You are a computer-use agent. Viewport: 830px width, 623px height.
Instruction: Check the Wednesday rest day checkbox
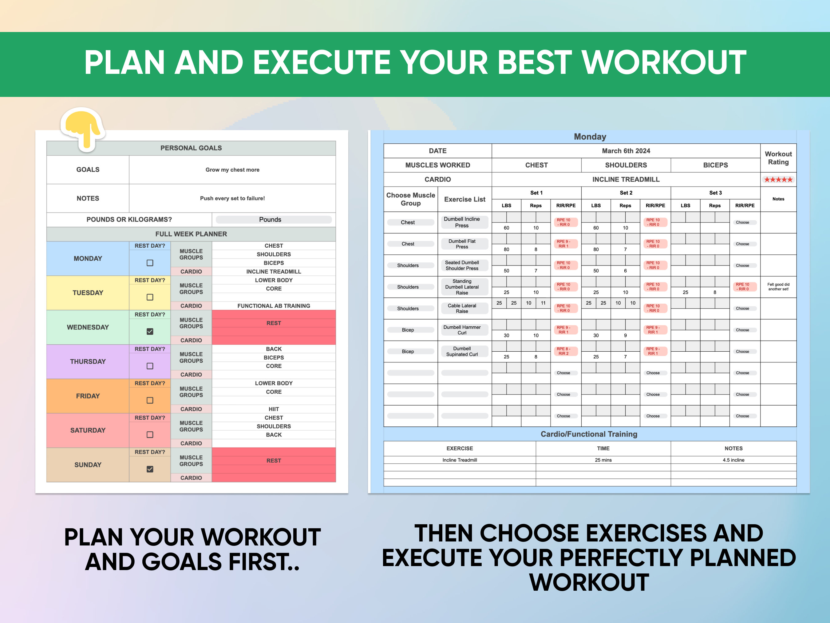click(150, 331)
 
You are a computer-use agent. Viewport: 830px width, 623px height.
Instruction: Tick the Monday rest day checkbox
click(150, 263)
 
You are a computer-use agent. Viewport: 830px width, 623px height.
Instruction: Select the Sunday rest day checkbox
click(150, 469)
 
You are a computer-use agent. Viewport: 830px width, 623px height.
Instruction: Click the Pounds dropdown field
click(274, 220)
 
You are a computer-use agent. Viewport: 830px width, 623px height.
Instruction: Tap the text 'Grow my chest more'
click(232, 170)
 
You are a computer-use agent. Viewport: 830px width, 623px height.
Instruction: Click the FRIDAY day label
click(88, 396)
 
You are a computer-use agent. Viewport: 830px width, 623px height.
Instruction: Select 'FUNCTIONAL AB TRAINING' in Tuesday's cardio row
click(274, 306)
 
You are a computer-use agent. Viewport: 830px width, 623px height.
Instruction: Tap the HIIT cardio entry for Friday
click(274, 409)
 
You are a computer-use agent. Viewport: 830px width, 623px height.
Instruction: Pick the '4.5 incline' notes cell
click(733, 460)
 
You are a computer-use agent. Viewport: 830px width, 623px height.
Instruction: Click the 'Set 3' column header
click(715, 193)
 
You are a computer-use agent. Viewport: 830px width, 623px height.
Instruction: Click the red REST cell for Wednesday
click(274, 323)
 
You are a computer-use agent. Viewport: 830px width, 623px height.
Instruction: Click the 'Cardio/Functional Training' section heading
click(589, 434)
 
